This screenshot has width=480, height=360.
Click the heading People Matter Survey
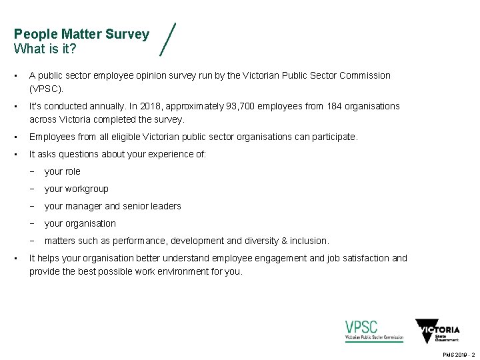(81, 34)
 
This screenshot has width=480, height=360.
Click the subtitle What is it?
(45, 49)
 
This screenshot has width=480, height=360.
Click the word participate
(333, 137)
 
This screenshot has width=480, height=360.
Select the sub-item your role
(62, 171)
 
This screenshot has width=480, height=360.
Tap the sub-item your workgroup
(76, 189)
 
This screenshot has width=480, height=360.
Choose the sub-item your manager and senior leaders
(113, 206)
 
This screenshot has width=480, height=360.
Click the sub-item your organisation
(80, 223)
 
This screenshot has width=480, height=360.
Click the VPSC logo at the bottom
(374, 331)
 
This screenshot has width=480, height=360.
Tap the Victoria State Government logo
(437, 331)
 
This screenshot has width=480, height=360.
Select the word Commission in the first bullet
(365, 75)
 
